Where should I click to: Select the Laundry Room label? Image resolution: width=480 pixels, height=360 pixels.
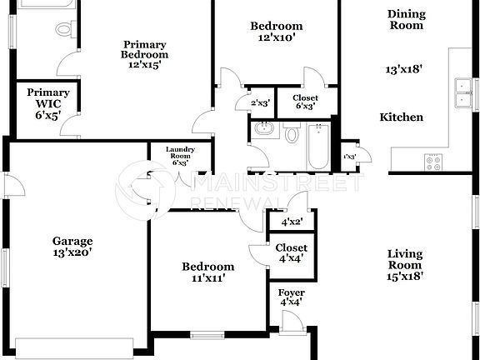[180, 155]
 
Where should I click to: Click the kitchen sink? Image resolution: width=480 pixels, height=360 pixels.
[460, 92]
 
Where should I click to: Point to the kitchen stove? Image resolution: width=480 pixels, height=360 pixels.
[434, 161]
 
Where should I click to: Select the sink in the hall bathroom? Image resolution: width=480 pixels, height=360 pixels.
[263, 129]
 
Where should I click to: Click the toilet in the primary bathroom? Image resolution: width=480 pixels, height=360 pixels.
[64, 31]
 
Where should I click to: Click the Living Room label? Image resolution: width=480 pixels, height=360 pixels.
[405, 265]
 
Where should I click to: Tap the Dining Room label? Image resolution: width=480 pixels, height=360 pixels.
[406, 19]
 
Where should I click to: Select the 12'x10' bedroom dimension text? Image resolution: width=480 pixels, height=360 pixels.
[277, 37]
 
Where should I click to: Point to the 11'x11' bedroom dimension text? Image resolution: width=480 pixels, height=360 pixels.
[208, 278]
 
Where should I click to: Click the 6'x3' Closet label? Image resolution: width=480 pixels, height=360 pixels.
[305, 102]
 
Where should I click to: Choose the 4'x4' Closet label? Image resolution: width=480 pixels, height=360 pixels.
[292, 252]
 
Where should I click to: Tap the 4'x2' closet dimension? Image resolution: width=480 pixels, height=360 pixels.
[291, 222]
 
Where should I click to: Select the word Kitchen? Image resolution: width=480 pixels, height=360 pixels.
[402, 117]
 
